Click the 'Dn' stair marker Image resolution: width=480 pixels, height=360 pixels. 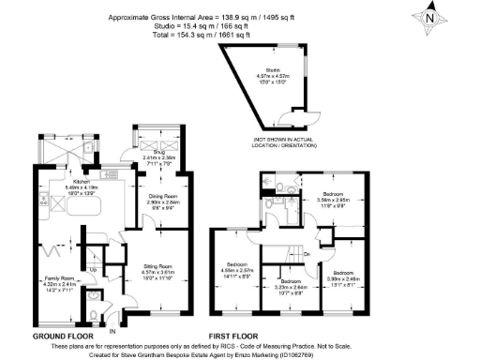306,254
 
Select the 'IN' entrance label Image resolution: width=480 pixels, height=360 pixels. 113,330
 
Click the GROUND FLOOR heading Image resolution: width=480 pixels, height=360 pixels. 62,335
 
